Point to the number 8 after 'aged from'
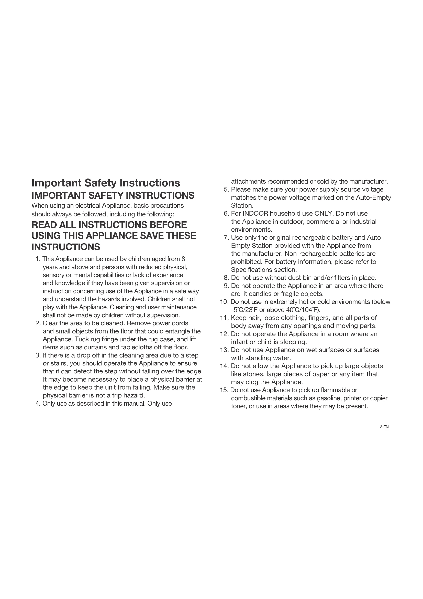(x=183, y=259)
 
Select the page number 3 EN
(x=384, y=427)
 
